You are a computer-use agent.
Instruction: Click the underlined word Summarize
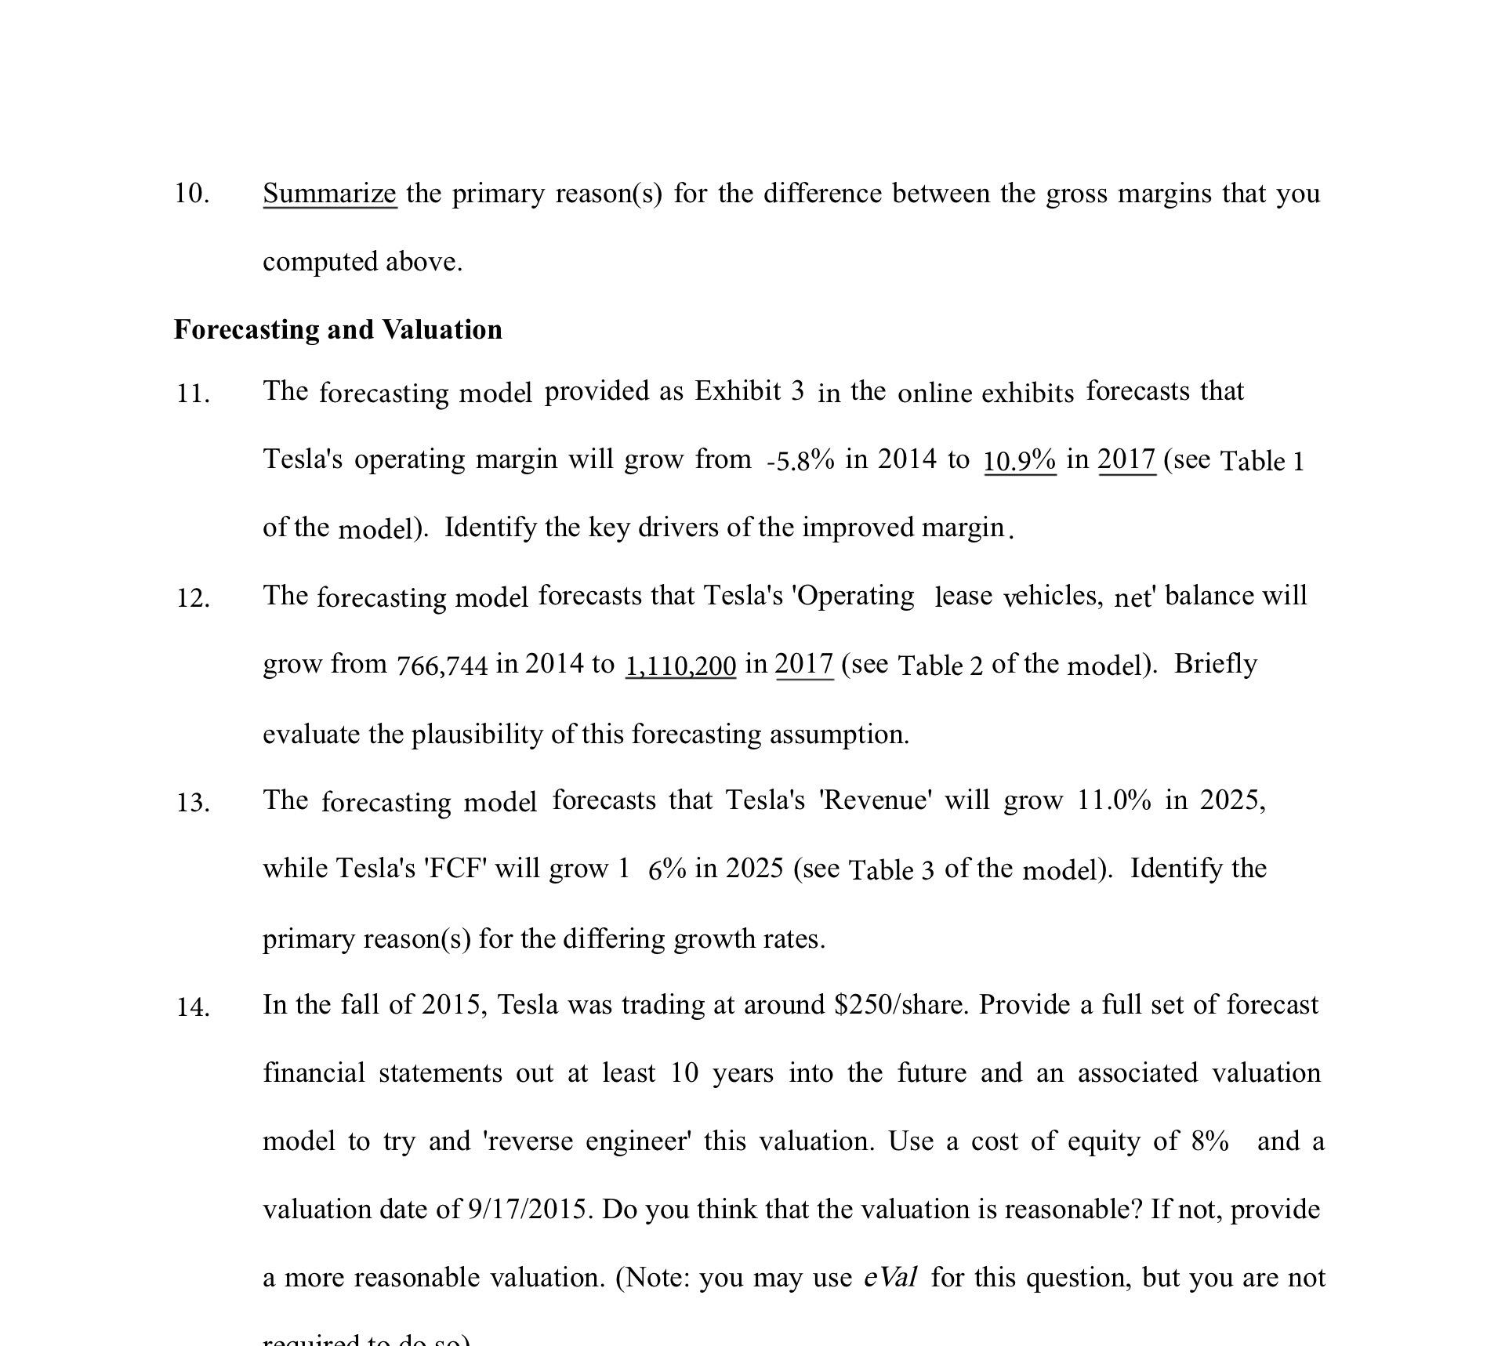(329, 193)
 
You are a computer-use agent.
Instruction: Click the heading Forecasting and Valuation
(338, 329)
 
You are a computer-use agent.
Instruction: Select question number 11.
(192, 393)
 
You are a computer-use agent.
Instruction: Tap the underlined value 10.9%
(1020, 460)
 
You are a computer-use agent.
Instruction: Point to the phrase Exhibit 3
(749, 390)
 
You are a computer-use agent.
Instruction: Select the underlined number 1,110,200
(680, 666)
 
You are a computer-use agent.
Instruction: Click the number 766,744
(442, 666)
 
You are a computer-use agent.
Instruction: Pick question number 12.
(192, 598)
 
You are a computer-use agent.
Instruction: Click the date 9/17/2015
(527, 1210)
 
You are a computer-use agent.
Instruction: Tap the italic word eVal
(890, 1278)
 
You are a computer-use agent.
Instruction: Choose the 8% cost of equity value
(1209, 1141)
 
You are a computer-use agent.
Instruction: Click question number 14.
(192, 1007)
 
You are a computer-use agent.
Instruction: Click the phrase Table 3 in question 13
(891, 870)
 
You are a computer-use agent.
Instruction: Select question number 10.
(192, 194)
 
